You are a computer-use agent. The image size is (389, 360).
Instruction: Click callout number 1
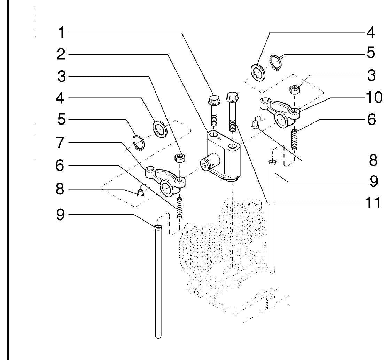click(61, 33)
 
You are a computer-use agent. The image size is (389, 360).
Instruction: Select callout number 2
click(61, 54)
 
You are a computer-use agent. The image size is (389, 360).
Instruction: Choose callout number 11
click(373, 203)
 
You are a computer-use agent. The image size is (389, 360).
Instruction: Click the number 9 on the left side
click(60, 214)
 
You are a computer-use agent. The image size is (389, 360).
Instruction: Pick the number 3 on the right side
click(371, 75)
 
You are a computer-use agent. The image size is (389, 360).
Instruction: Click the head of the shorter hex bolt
click(213, 99)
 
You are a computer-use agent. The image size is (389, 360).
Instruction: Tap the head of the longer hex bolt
click(232, 96)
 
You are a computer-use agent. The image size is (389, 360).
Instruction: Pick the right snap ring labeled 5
click(275, 62)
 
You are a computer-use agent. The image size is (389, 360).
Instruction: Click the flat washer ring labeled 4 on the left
click(160, 129)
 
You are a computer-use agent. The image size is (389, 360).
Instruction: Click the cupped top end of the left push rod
click(158, 227)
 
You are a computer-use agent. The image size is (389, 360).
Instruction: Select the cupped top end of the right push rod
click(272, 162)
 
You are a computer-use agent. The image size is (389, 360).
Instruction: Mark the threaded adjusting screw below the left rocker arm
click(180, 208)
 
